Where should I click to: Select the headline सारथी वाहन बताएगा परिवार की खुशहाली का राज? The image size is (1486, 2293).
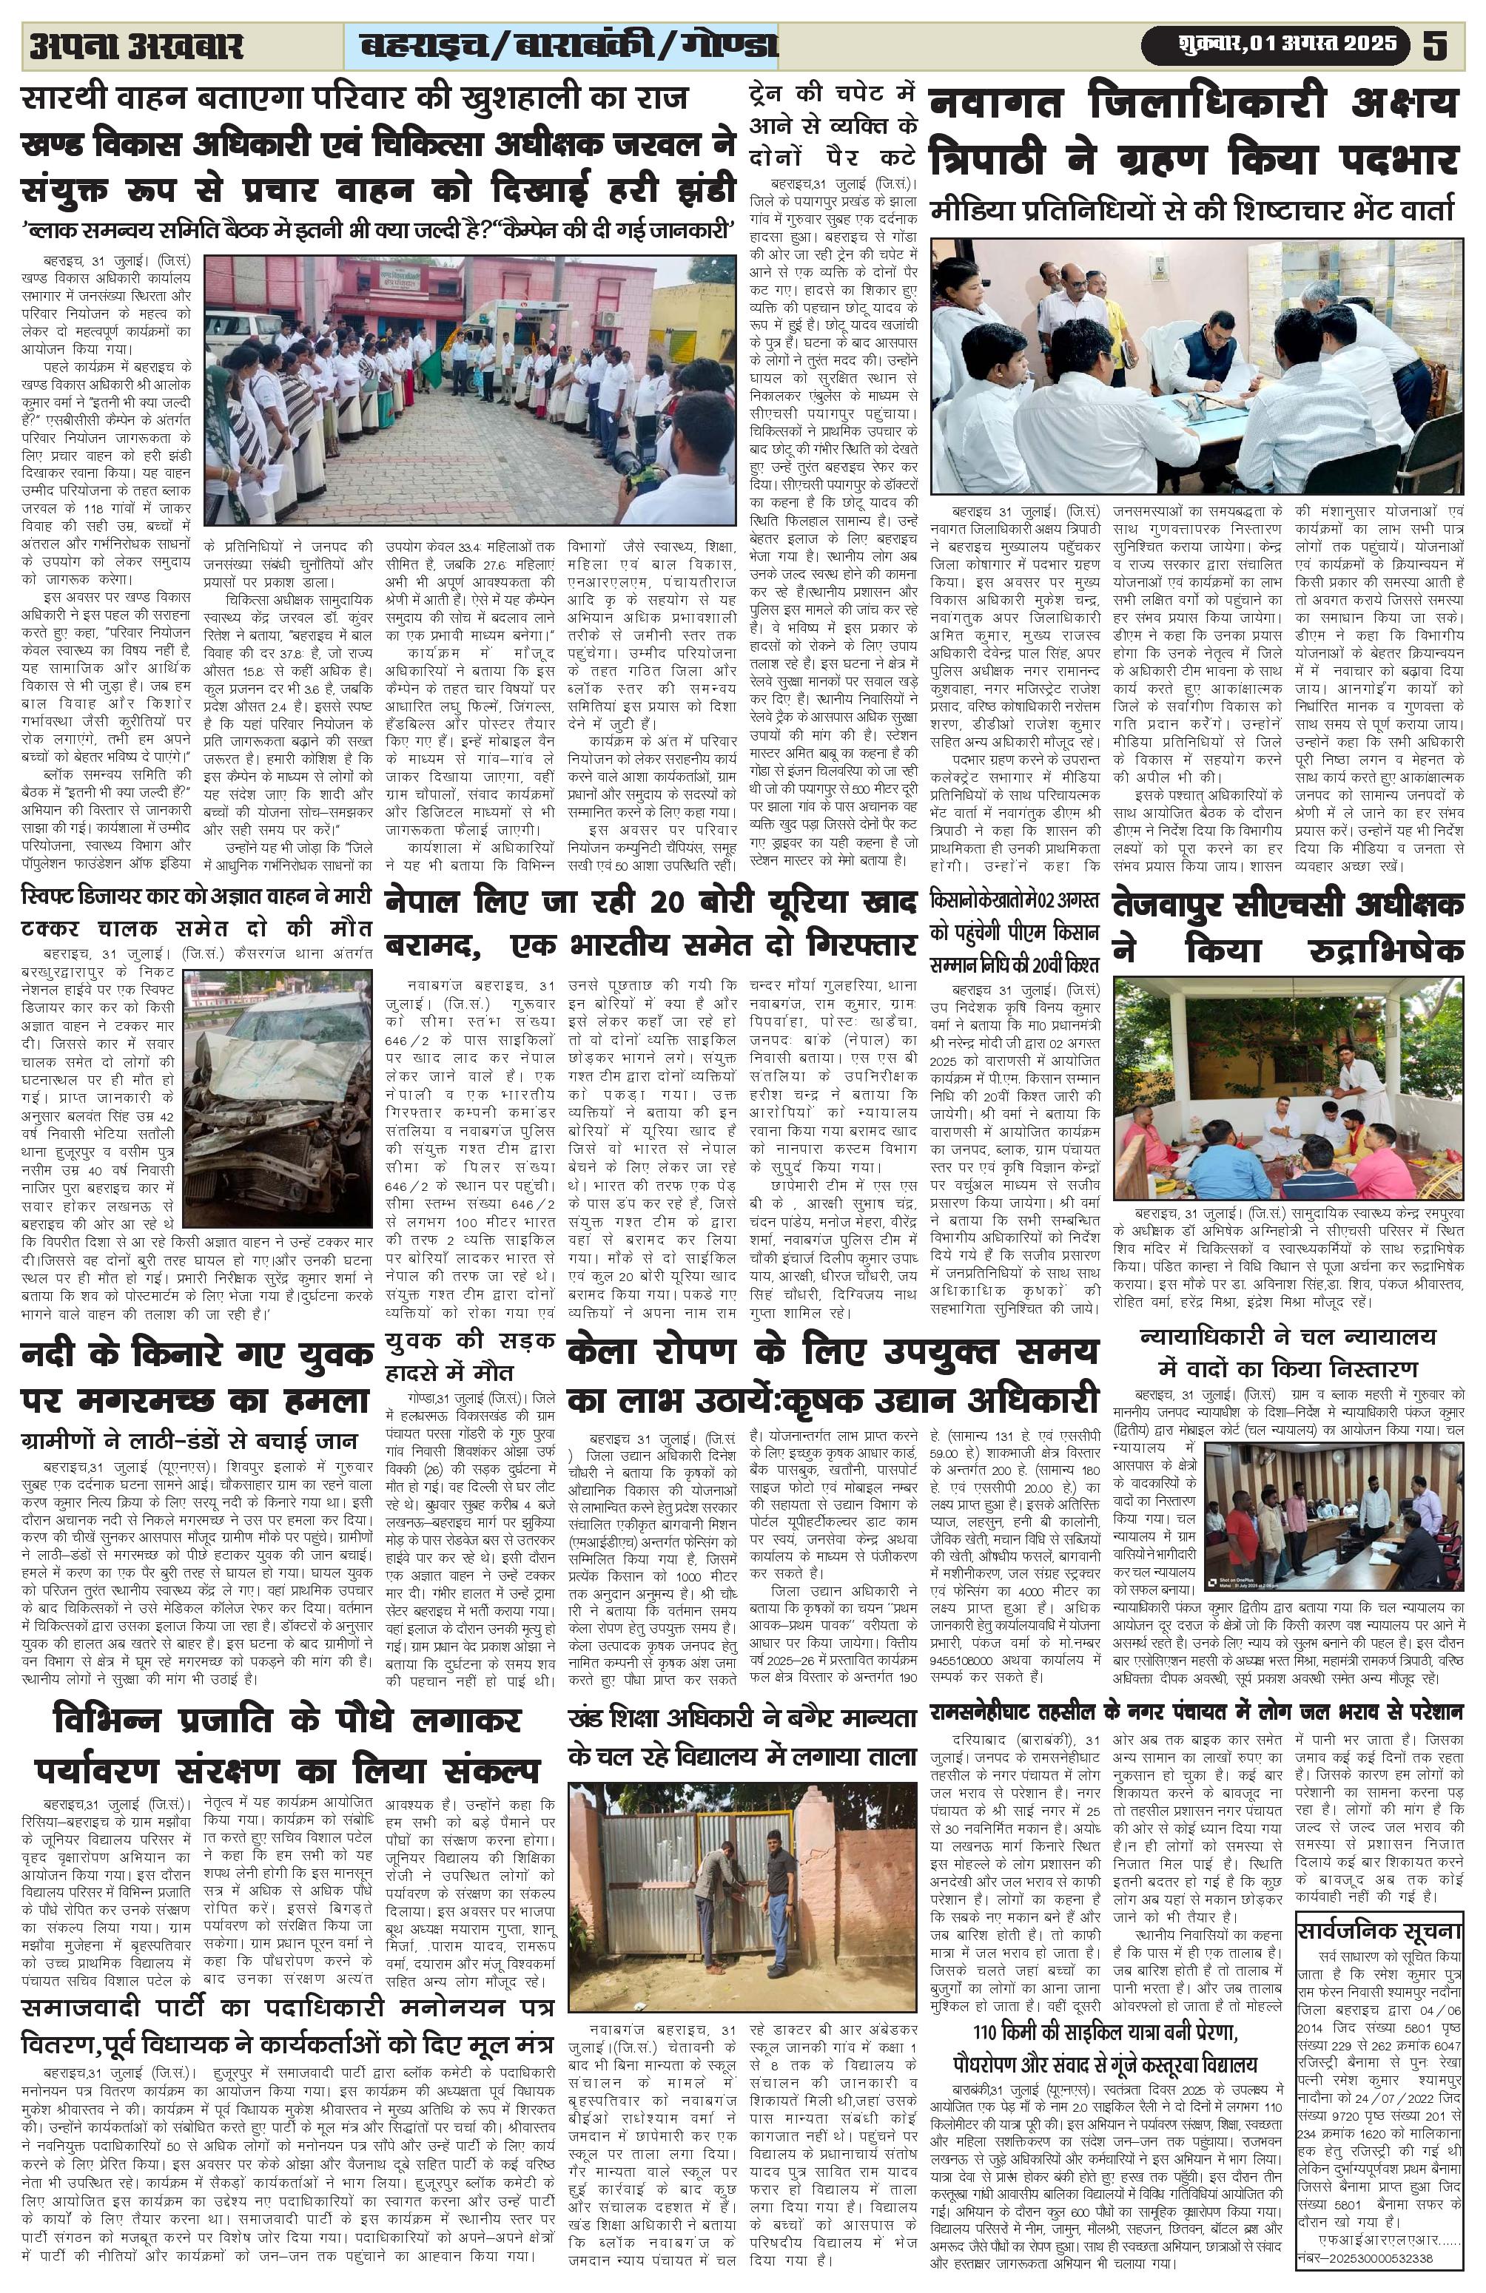357,98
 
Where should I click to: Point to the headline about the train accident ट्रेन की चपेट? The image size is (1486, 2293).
833,125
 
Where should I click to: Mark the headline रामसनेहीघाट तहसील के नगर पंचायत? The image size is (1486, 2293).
1196,1711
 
